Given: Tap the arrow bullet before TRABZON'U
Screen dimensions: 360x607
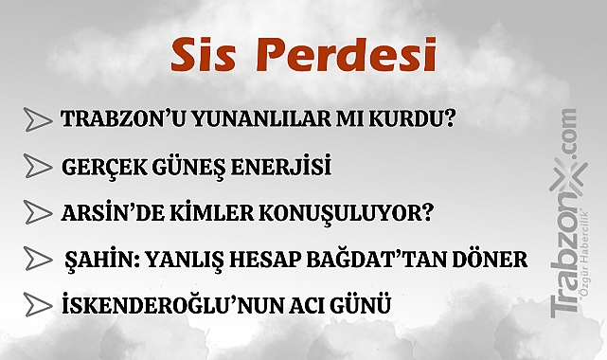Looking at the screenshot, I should coord(38,120).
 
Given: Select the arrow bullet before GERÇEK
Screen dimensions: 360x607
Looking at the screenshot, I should coord(38,167).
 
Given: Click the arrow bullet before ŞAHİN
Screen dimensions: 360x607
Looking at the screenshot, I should coord(38,259).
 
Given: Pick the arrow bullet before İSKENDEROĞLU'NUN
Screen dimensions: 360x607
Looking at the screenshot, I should coord(38,305).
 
